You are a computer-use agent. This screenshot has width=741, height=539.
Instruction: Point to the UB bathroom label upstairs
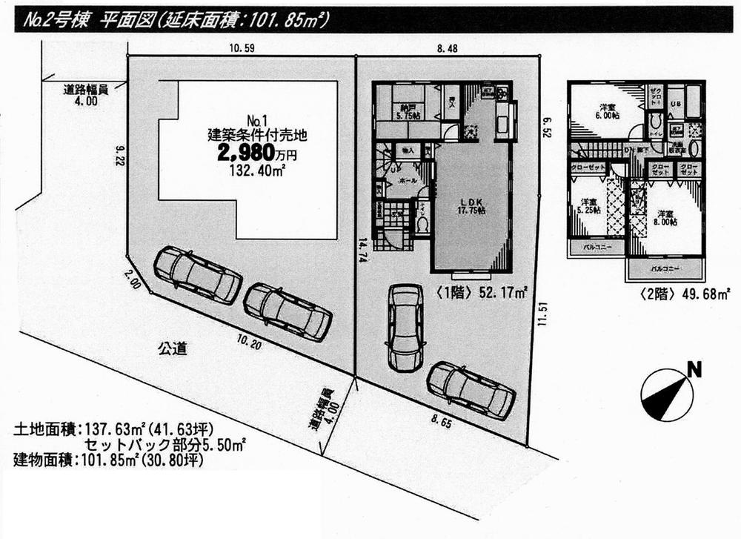[x=676, y=103]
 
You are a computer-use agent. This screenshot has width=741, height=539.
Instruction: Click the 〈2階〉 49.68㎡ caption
[x=675, y=294]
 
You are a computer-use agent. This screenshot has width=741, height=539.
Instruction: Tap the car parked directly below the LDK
[x=405, y=328]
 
